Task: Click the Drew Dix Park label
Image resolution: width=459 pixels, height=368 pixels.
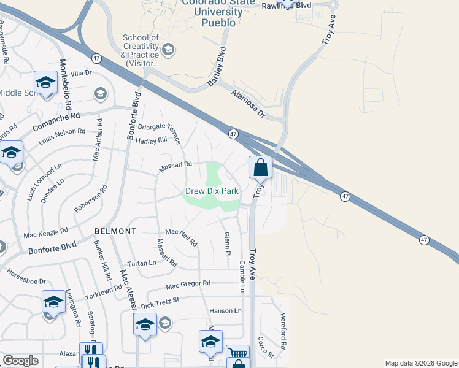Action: [212, 191]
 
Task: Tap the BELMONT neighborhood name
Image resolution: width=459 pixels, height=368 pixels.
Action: [115, 231]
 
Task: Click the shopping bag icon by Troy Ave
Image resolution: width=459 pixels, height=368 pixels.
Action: [260, 167]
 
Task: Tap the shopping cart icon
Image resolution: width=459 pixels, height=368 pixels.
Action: [237, 353]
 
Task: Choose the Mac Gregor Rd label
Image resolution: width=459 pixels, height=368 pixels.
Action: [188, 285]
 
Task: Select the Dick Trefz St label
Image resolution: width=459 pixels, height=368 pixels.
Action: [159, 302]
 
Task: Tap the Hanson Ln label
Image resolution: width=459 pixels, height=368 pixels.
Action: [225, 311]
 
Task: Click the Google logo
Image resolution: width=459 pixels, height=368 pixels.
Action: [20, 361]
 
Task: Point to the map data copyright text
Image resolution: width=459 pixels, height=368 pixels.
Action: [420, 363]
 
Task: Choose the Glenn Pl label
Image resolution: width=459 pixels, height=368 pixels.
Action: [227, 243]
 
